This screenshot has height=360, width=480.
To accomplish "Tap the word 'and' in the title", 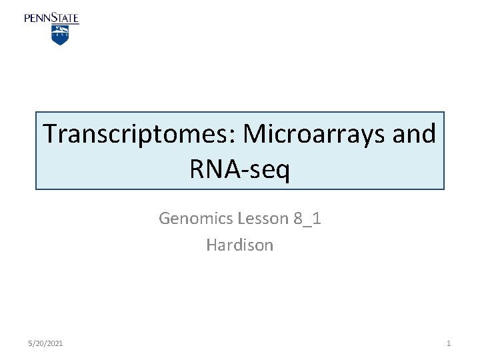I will [x=414, y=135].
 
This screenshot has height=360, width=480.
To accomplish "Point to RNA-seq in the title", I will [x=239, y=170].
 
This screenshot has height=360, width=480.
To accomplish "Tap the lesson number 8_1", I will [x=307, y=219].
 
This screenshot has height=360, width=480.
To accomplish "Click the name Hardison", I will [x=239, y=245].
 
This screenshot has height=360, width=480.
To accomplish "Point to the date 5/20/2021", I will [x=47, y=343].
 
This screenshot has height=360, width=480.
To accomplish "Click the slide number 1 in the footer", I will [x=448, y=343].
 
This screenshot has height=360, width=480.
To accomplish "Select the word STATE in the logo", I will [x=65, y=18].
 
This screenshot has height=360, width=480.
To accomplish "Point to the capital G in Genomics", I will [x=164, y=219].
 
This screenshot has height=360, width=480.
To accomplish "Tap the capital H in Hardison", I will [x=211, y=245].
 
